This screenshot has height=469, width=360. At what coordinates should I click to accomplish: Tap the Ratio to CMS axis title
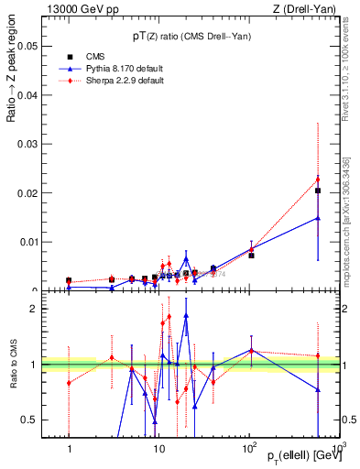pyautogui.click(x=14, y=365)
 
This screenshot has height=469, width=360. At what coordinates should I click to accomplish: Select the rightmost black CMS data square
pyautogui.click(x=318, y=191)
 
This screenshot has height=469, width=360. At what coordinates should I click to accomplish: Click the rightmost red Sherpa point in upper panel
pyautogui.click(x=318, y=179)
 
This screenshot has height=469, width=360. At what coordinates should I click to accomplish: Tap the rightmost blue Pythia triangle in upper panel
pyautogui.click(x=318, y=218)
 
